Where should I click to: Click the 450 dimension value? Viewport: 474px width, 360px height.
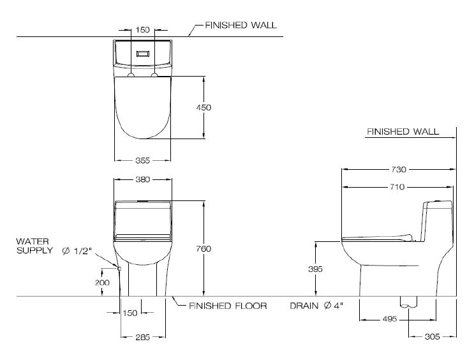204,107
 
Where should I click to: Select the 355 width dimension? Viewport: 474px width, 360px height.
142,160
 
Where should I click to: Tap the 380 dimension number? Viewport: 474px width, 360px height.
143,179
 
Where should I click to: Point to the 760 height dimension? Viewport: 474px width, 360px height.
204,249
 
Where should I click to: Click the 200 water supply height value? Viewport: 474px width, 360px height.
102,283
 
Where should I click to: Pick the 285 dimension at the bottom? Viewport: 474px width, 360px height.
142,337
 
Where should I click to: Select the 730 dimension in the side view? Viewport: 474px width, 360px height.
399,169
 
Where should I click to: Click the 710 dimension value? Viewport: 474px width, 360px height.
397,187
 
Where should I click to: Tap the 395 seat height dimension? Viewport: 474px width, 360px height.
315,269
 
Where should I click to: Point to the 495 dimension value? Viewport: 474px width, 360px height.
389,319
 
